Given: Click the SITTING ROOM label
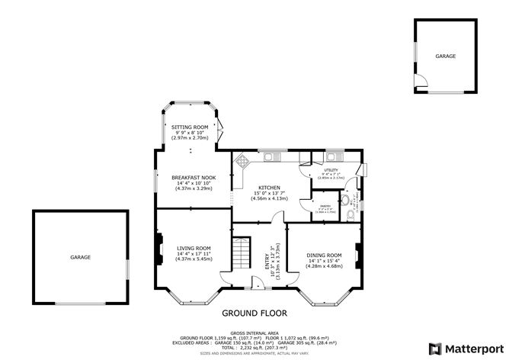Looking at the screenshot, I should click(190, 127).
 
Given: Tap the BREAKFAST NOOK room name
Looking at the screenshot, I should click(193, 177).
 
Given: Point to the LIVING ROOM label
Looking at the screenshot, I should click(194, 248).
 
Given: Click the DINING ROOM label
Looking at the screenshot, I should click(324, 255).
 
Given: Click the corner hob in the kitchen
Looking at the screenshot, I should click(242, 162).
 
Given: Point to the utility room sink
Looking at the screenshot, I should click(332, 156).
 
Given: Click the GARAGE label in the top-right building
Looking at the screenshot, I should click(446, 56).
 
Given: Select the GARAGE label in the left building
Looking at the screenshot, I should click(81, 257).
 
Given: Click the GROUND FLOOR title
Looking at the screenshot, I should click(254, 313).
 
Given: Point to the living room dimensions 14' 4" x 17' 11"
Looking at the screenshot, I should click(193, 254).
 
